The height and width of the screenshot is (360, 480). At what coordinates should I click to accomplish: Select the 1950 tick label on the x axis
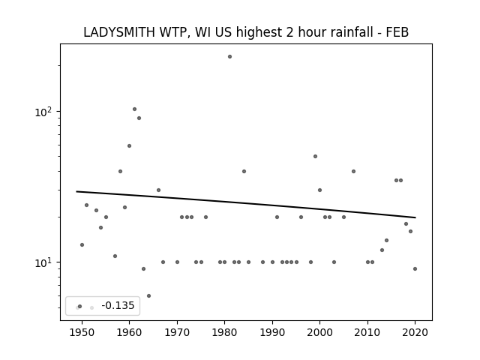82,332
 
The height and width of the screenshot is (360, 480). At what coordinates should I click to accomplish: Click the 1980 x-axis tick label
224,332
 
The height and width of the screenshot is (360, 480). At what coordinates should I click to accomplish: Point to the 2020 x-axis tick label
415,332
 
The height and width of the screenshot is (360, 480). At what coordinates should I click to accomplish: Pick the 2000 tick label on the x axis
320,332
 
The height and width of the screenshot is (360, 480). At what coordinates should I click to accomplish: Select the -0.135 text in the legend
118,305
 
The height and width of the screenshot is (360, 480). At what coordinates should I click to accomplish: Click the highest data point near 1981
230,57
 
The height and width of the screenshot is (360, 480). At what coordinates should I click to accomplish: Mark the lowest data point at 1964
148,296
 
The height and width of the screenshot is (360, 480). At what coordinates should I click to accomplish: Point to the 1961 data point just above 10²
134,109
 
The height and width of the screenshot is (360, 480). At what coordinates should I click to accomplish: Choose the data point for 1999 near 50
315,157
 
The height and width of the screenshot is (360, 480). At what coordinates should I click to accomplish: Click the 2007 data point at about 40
353,172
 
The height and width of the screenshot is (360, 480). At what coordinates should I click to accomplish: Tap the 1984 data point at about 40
244,172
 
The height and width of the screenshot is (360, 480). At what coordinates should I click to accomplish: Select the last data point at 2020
415,269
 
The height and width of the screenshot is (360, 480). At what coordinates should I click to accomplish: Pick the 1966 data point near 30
158,190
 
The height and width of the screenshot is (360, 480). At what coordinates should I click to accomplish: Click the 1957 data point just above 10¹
115,256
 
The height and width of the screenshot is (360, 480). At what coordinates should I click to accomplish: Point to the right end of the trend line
415,217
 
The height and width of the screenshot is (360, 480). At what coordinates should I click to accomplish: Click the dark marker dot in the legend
80,307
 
